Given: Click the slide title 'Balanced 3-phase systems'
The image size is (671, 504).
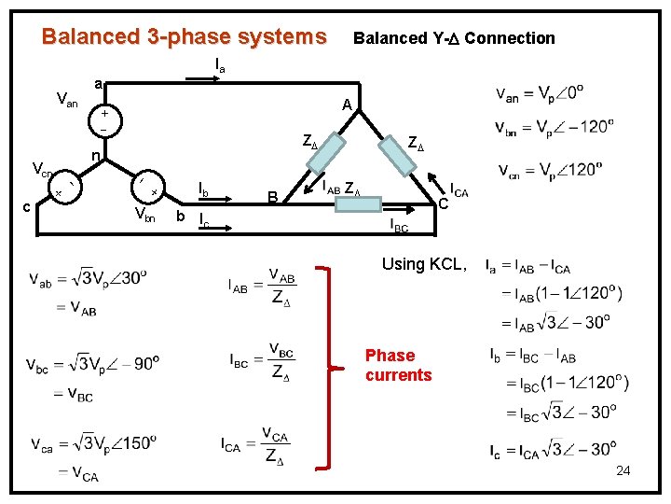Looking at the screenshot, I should point(185,37).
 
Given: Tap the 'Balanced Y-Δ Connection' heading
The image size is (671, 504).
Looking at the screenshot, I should point(454,38).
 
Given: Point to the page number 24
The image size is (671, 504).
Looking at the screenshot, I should point(623,470).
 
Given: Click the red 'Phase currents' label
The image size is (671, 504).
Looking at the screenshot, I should point(398,365).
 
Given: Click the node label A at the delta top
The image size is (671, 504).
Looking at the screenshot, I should point(346,105).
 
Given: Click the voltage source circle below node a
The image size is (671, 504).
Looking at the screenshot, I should point(104,119).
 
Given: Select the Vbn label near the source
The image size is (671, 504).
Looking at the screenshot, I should point(144,217).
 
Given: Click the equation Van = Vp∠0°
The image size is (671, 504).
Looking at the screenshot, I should point(545,95).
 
